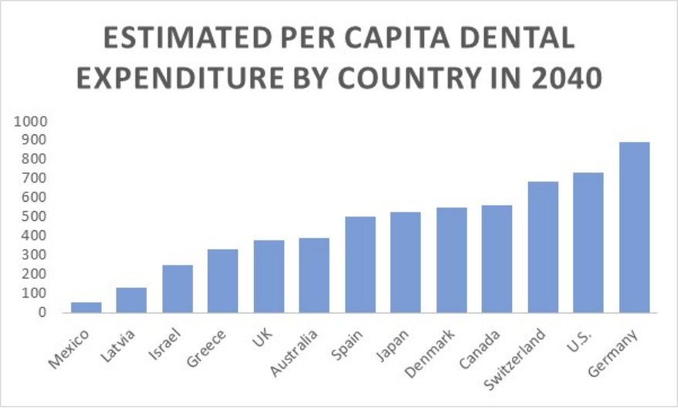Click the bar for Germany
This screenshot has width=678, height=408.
coord(634,227)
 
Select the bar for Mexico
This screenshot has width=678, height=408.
coord(86,307)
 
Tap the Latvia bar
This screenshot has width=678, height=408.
coord(131,300)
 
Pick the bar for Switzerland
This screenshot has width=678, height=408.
coord(543,246)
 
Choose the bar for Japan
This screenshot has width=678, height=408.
coord(405,262)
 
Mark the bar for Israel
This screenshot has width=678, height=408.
coord(177,288)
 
